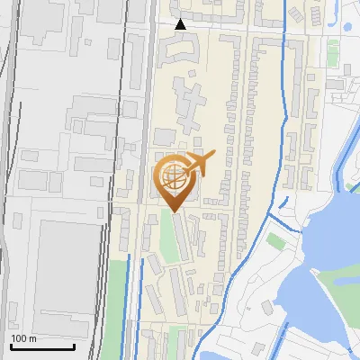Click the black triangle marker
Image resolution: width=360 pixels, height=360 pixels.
pyautogui.click(x=181, y=24)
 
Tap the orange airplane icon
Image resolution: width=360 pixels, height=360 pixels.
pyautogui.click(x=198, y=164)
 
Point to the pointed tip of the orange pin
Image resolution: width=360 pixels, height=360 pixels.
pyautogui.click(x=174, y=211)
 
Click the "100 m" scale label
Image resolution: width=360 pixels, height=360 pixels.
pyautogui.click(x=24, y=338)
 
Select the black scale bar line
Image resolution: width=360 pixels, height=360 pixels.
pyautogui.click(x=42, y=346)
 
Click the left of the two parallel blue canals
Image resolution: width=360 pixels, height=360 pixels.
pyautogui.click(x=129, y=297)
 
